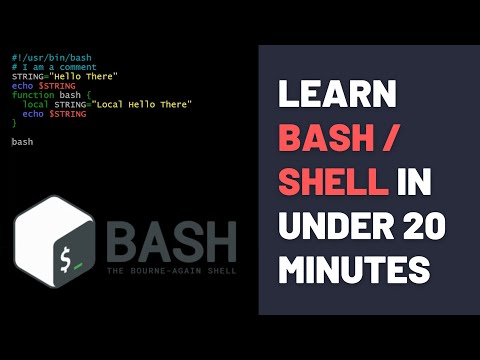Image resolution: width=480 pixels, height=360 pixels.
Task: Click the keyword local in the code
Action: (34, 104)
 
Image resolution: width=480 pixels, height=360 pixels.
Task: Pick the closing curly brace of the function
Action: (14, 123)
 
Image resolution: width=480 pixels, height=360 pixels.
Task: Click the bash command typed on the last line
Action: (23, 142)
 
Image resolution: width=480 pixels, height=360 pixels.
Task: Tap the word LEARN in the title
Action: (330, 94)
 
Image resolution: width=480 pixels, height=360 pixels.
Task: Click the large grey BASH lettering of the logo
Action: (171, 244)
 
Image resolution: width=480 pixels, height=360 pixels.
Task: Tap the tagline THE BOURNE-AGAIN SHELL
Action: (171, 276)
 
